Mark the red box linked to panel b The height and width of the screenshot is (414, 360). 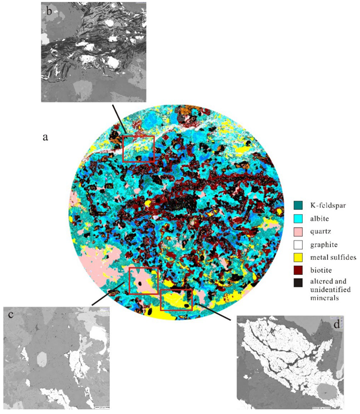click(x=139, y=148)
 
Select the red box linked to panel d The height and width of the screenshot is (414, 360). click(x=176, y=299)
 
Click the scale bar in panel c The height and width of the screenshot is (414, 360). click(x=102, y=406)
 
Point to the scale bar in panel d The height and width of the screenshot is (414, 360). click(x=321, y=407)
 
